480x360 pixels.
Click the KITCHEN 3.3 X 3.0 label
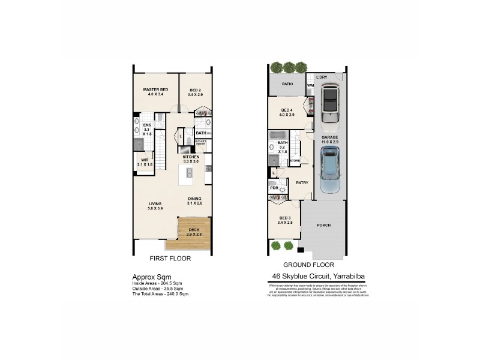(191, 159)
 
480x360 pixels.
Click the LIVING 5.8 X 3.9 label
(155, 206)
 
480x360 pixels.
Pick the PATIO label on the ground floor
(287, 83)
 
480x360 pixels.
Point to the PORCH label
(324, 225)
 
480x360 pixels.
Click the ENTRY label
(302, 183)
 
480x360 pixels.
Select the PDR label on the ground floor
(275, 186)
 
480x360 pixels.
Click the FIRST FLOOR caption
(170, 259)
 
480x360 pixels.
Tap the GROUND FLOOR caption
(308, 265)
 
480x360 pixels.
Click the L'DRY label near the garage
(321, 77)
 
